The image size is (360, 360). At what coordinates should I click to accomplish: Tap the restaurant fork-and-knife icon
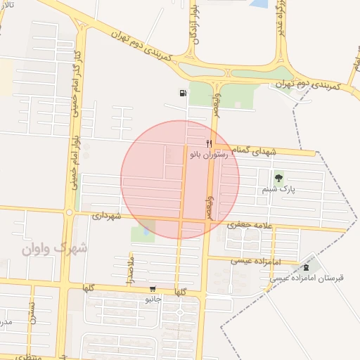209,143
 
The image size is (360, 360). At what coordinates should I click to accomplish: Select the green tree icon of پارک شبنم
280,178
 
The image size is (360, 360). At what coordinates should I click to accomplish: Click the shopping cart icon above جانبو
153,289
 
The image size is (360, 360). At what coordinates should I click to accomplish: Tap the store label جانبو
153,298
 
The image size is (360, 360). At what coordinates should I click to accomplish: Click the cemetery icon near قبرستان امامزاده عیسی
305,268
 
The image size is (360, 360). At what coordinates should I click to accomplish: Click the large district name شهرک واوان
54,248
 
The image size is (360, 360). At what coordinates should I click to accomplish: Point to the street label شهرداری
106,216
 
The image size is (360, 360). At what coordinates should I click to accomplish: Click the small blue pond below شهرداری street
146,227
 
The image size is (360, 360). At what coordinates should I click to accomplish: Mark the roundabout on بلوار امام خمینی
69,212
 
